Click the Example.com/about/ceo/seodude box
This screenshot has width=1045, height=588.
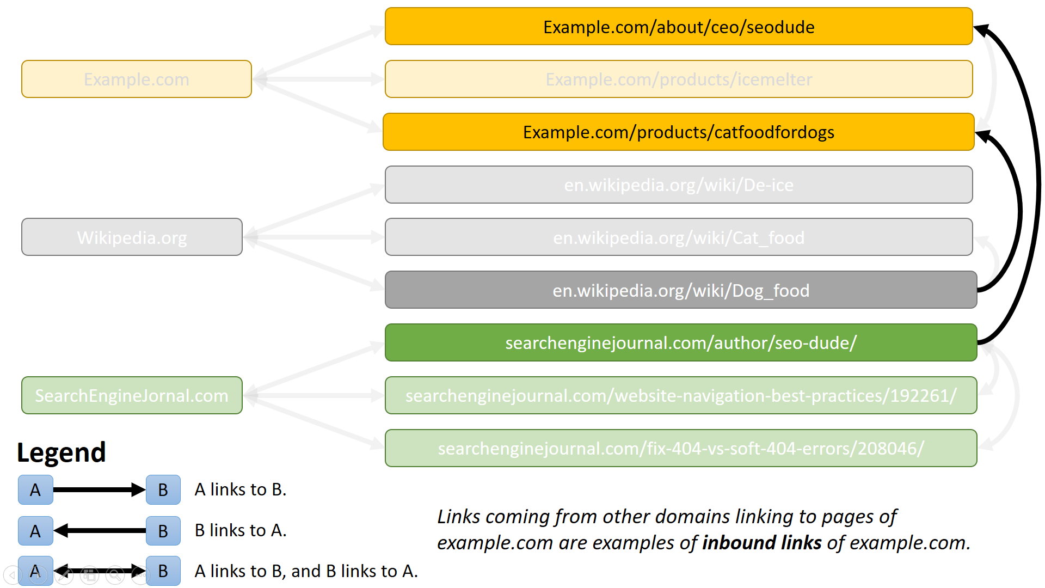[678, 27]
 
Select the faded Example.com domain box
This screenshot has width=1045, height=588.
[136, 79]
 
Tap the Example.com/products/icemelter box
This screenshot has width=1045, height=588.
[678, 79]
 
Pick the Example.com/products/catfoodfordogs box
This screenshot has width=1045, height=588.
[678, 132]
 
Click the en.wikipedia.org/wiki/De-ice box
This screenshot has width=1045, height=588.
[678, 185]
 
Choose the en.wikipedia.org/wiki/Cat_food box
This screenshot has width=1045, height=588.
[678, 237]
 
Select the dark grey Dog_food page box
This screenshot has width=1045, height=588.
[680, 290]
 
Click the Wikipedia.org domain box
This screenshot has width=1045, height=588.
[132, 237]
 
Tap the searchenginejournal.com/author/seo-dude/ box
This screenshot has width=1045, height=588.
[680, 343]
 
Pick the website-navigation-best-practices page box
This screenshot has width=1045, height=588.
[680, 396]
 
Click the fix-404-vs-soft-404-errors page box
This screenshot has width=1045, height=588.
[680, 449]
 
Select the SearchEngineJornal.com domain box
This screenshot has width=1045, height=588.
[132, 396]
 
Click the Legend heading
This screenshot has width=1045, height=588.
[62, 452]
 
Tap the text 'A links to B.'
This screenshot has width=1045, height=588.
[240, 489]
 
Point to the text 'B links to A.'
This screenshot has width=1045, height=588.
[240, 530]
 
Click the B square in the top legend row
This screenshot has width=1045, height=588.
[163, 490]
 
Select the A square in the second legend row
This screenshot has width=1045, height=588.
[35, 531]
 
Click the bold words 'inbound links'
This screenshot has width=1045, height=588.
[761, 543]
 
